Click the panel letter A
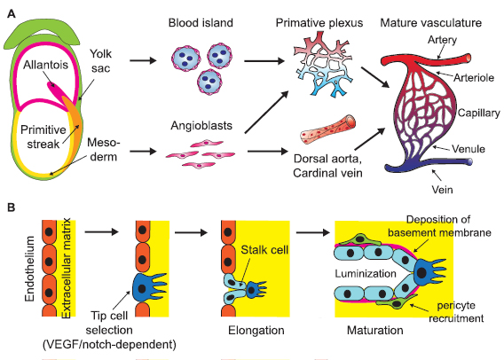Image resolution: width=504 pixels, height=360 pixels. (10, 11)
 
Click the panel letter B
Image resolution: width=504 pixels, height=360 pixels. (10, 207)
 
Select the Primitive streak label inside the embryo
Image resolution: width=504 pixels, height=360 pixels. (43, 130)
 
